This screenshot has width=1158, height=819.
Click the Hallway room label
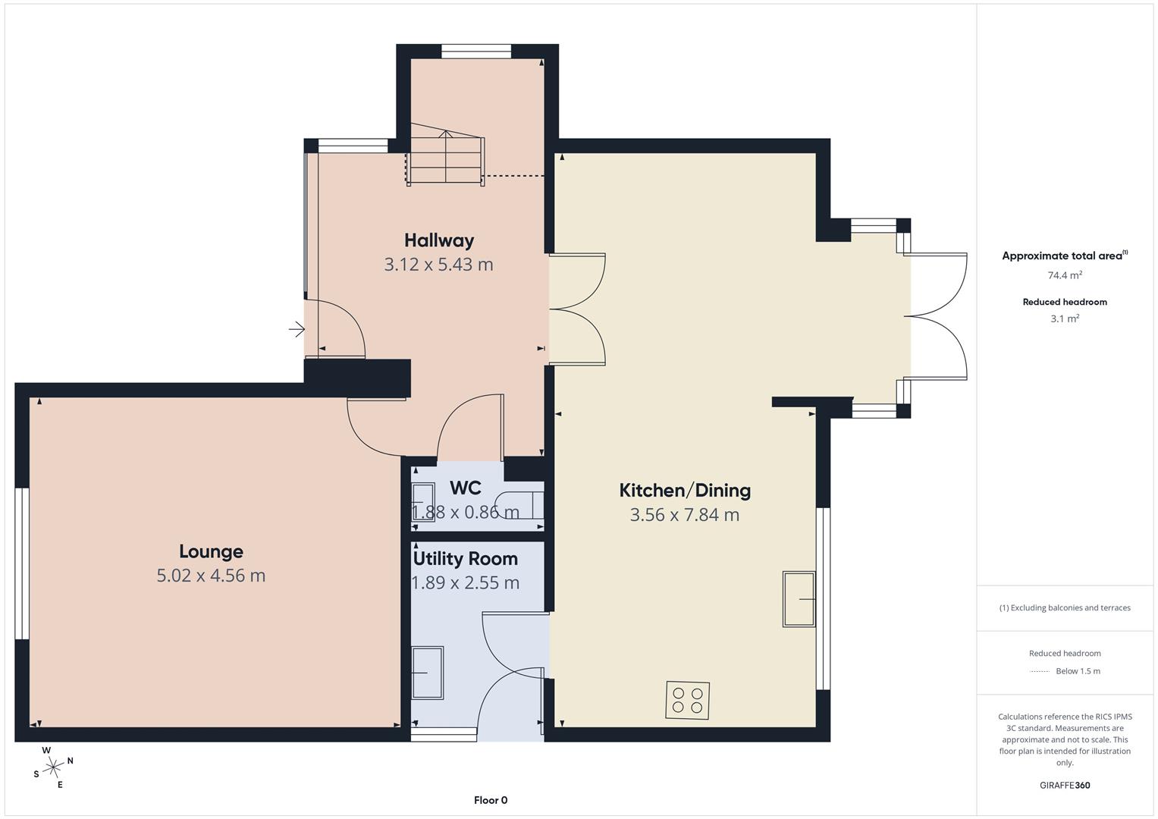[439, 241]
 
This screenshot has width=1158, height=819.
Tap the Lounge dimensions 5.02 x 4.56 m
[211, 576]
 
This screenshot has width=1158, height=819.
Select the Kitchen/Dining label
[685, 491]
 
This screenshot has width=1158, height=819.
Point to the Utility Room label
[466, 559]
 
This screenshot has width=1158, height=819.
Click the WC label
[466, 488]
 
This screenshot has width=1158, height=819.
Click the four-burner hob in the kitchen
[688, 700]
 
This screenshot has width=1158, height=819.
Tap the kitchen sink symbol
[799, 599]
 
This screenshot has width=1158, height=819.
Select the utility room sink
[428, 672]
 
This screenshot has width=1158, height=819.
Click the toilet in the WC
[519, 504]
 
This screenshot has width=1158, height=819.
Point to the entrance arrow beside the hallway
[297, 329]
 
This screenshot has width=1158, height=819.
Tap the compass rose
[53, 767]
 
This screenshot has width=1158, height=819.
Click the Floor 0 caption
[491, 800]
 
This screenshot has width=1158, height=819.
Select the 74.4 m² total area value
[1065, 275]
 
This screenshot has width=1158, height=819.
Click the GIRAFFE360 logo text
[1065, 785]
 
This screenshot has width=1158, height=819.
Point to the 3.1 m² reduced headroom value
[1065, 318]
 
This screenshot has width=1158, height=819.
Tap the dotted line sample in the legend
[1039, 672]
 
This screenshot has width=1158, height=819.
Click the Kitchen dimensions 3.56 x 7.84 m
[685, 515]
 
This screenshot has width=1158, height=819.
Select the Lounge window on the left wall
[22, 563]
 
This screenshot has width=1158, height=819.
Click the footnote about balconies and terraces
[1065, 608]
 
